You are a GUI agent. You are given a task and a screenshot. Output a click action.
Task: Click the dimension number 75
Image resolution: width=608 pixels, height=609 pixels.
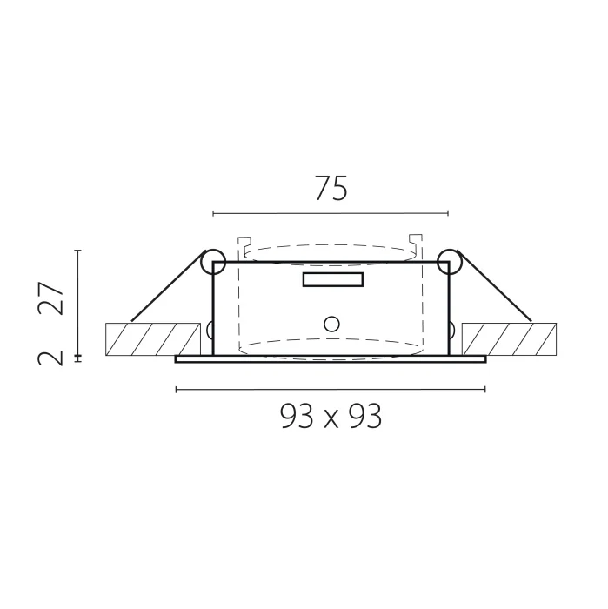tap(331, 189)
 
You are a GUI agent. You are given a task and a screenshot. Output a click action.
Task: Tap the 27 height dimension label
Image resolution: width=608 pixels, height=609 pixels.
tap(50, 298)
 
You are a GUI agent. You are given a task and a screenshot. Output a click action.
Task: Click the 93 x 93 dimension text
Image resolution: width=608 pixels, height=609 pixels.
tap(331, 416)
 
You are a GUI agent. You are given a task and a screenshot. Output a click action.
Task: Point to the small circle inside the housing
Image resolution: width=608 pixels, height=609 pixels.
tap(331, 324)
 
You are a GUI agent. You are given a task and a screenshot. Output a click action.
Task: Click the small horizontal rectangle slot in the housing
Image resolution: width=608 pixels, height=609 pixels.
tap(333, 279)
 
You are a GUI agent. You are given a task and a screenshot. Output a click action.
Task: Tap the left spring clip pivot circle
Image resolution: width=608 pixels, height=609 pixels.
tap(213, 262)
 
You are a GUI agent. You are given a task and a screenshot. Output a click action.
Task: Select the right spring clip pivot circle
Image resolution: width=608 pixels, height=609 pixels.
tap(449, 262)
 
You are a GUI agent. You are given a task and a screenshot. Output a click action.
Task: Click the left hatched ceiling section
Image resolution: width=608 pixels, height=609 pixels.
tap(153, 339)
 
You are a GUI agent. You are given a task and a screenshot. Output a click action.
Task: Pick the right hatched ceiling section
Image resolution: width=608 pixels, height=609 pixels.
tap(509, 339)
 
